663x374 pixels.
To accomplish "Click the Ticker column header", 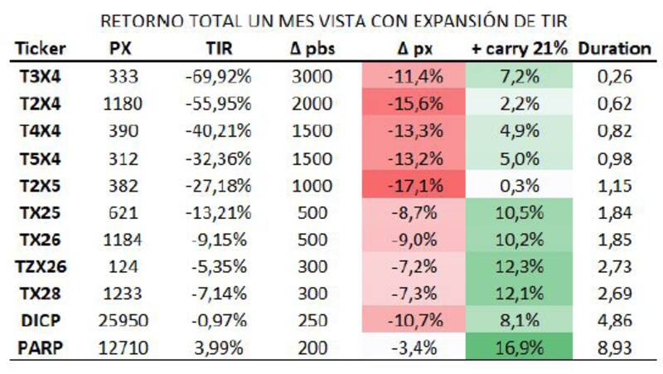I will tap(40, 48).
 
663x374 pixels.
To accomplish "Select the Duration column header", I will tap(614, 48).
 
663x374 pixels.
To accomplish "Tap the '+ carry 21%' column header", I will tap(520, 48).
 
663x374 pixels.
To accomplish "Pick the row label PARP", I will tap(40, 347).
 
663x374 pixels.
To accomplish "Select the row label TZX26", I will tap(40, 266).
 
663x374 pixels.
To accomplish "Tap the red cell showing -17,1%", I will tap(414, 186).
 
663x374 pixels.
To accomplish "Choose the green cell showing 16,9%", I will tap(520, 347).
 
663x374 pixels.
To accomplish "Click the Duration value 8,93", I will tap(614, 347).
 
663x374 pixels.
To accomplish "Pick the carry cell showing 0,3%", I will tap(520, 186).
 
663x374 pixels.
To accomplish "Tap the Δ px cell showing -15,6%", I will tap(414, 104).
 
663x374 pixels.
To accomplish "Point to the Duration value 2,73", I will tap(614, 266).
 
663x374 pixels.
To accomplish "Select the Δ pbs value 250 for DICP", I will tap(312, 320).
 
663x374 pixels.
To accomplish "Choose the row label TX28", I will tap(40, 294).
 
